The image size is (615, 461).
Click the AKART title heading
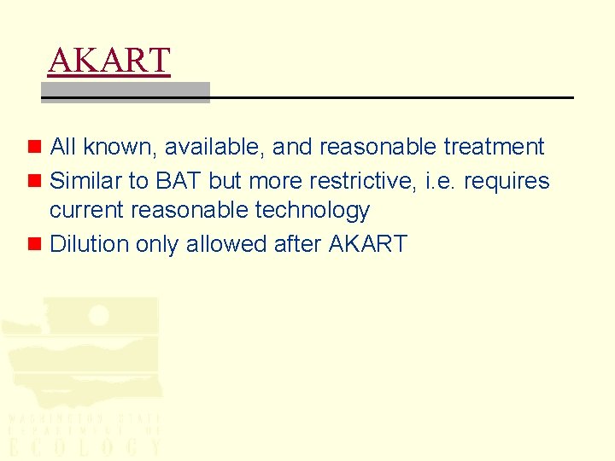[x=109, y=61]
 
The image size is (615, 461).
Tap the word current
[x=86, y=211]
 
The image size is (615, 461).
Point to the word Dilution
[x=86, y=244]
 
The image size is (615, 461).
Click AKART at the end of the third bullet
[x=367, y=244]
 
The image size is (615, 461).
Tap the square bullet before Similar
[x=34, y=181]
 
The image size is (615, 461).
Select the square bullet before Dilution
[x=34, y=244]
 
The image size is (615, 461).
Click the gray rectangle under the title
[x=126, y=91]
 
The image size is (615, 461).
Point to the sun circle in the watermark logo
[x=98, y=315]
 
